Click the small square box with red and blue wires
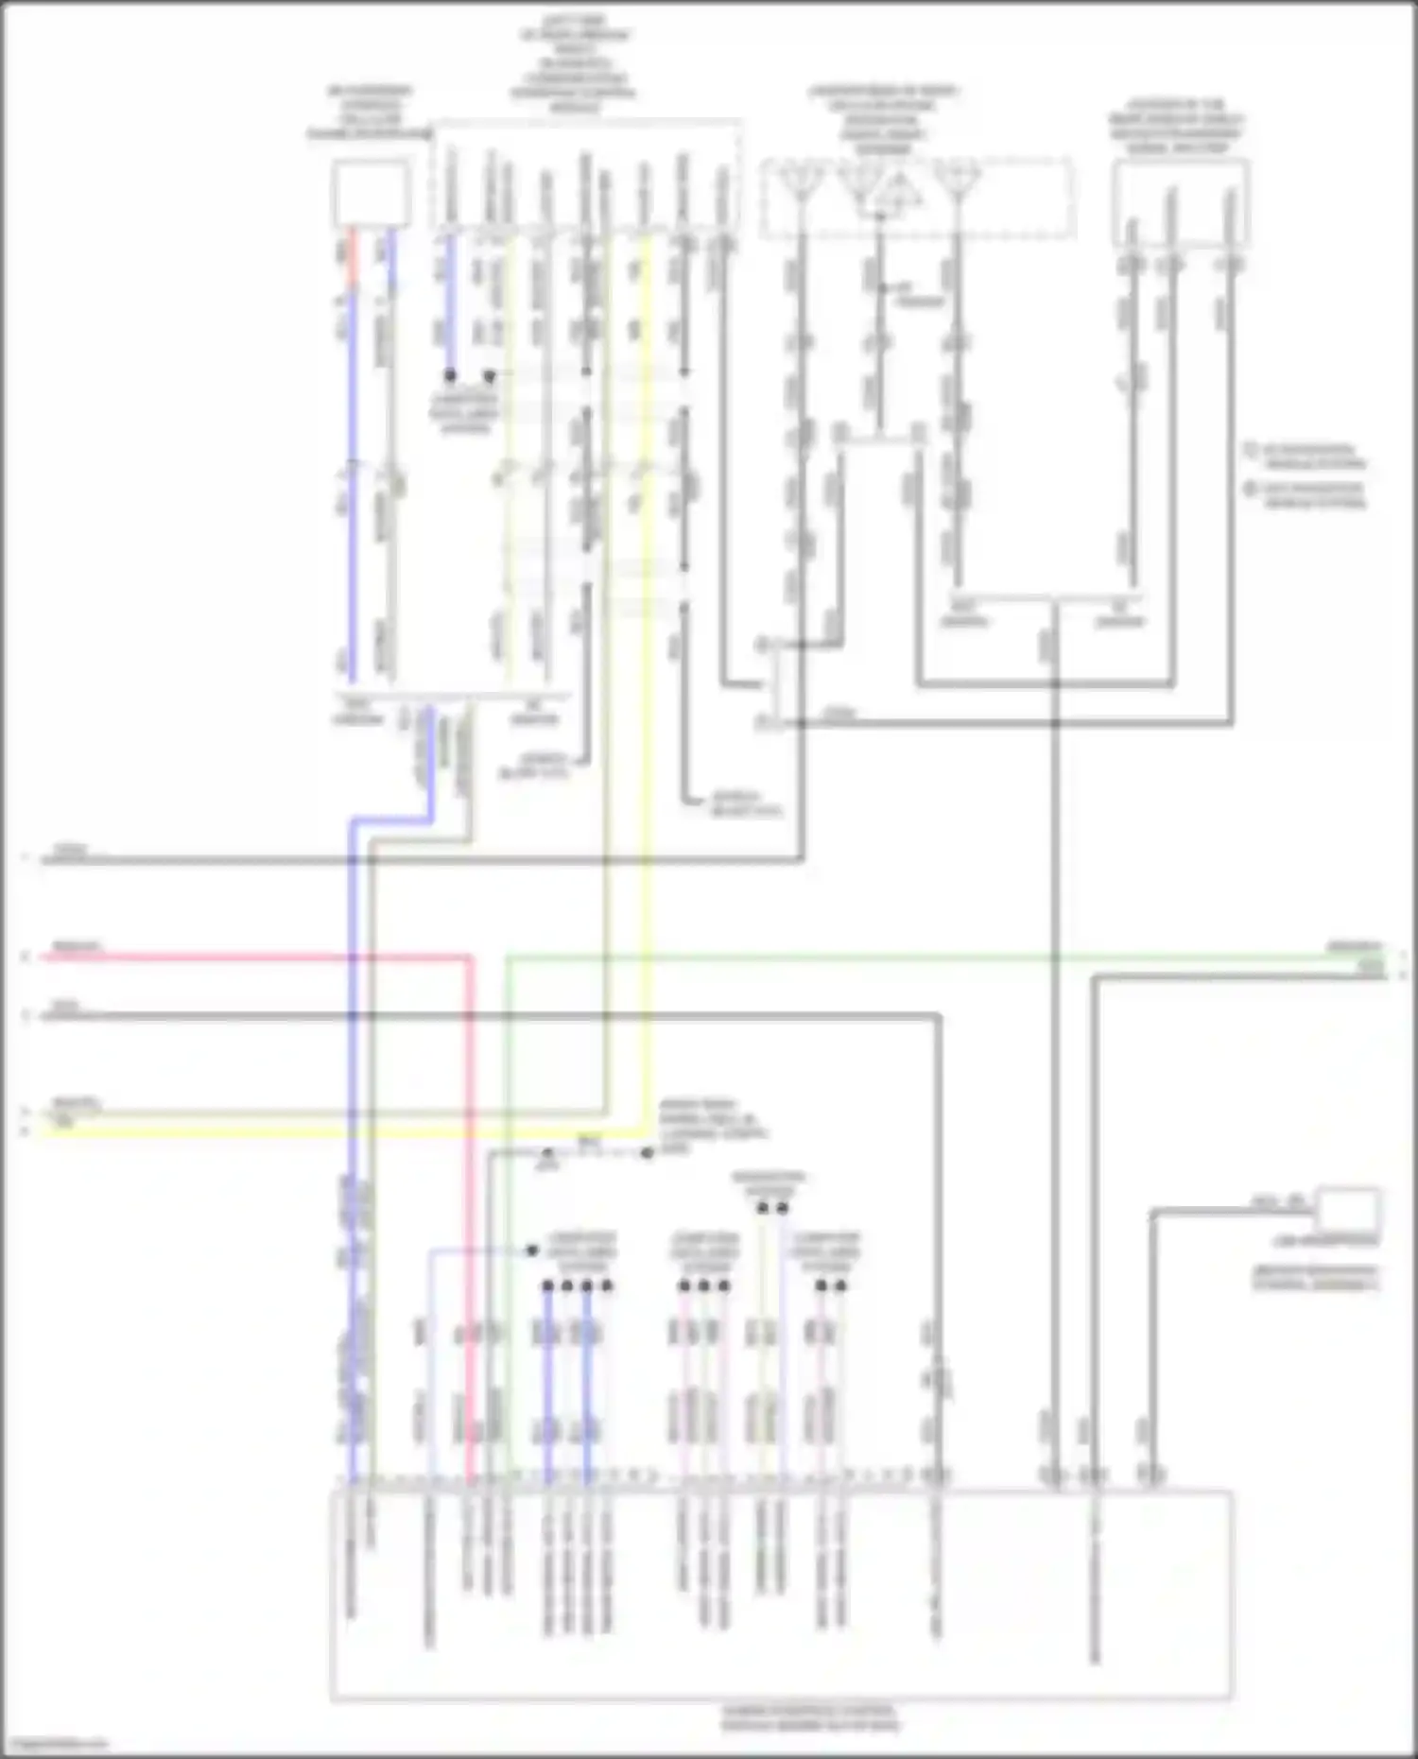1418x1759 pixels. point(371,193)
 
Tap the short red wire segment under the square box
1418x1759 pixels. point(354,257)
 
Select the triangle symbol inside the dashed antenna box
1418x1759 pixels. point(893,193)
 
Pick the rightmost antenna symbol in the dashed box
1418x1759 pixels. point(957,180)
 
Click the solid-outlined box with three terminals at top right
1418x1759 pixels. point(1181,203)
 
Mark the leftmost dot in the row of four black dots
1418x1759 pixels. point(547,1285)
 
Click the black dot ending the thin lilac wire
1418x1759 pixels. point(532,1250)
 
